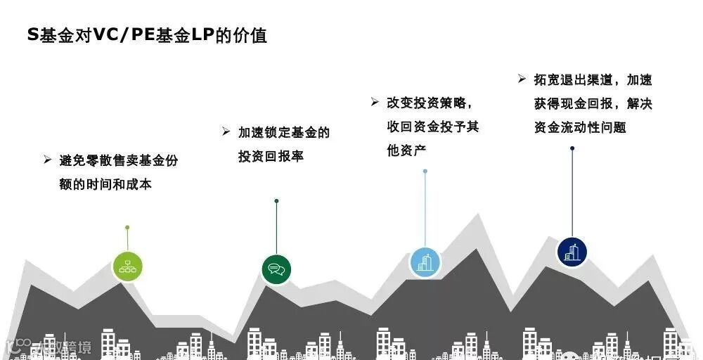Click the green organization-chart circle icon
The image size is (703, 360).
click(x=127, y=266)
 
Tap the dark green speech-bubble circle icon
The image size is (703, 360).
click(x=276, y=269)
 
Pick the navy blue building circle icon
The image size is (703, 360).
click(x=572, y=252)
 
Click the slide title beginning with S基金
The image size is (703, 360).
click(x=147, y=35)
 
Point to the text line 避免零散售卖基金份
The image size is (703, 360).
click(x=119, y=160)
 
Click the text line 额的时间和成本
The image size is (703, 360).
click(x=105, y=184)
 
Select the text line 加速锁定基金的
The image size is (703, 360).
click(x=283, y=132)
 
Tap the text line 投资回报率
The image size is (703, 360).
click(x=271, y=156)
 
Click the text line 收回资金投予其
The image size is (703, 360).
click(x=433, y=127)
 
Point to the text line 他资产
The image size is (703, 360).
click(x=406, y=150)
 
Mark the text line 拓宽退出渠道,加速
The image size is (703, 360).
click(x=593, y=79)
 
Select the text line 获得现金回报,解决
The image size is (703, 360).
click(x=593, y=103)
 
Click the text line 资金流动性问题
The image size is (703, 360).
click(x=579, y=127)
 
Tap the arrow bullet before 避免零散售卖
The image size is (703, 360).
click(x=47, y=160)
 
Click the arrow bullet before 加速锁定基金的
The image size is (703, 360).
click(x=226, y=131)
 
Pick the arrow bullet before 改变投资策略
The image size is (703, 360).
click(x=375, y=102)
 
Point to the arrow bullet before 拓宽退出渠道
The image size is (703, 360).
click(x=522, y=79)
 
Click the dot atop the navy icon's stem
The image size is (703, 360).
click(x=572, y=148)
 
